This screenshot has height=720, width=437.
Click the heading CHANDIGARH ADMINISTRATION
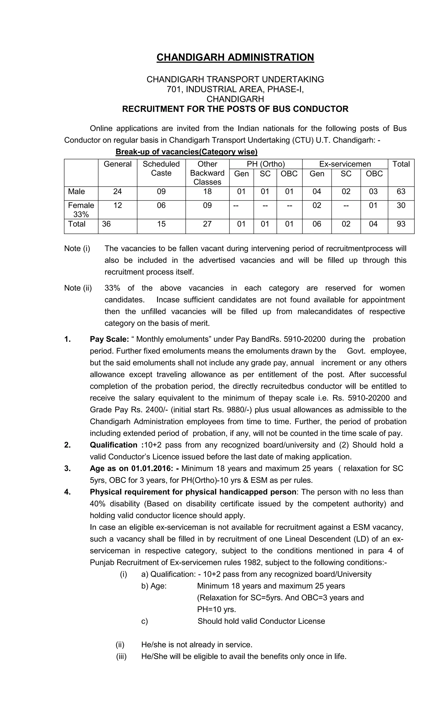235,57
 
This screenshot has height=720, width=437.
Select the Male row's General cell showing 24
117,192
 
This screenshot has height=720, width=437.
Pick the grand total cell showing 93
401,224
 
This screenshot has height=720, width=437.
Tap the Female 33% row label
81,210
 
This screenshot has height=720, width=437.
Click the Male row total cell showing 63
401,192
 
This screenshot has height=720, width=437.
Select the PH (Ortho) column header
265,164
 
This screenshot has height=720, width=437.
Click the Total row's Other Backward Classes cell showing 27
207,224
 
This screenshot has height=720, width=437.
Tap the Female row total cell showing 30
401,205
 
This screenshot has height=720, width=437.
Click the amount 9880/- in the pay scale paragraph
239,410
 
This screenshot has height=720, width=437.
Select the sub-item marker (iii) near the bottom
121,657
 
